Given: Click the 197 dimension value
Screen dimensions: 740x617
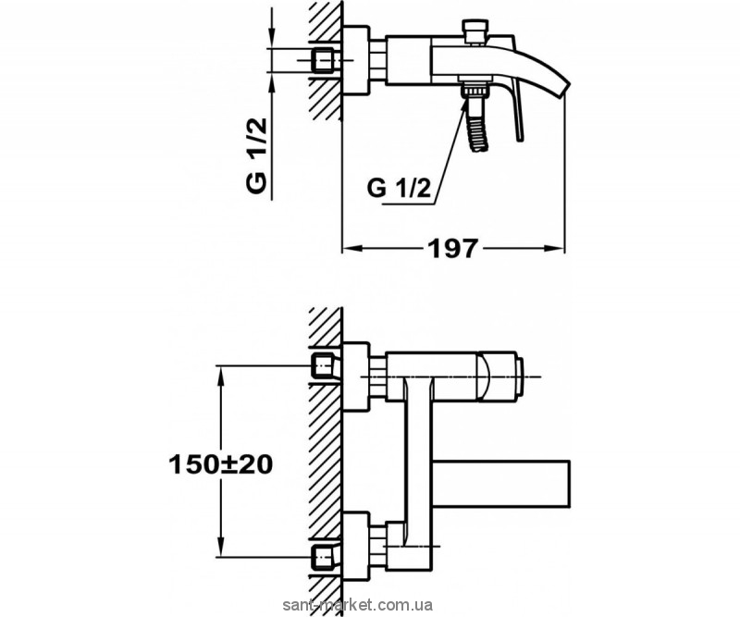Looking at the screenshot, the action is click(452, 248).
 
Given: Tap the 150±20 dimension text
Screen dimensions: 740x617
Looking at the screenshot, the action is click(221, 465).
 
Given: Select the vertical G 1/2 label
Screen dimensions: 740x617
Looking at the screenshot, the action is click(257, 155).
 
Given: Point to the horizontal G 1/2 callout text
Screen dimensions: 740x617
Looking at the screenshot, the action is click(400, 189).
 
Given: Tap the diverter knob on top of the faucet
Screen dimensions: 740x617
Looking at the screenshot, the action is click(475, 31).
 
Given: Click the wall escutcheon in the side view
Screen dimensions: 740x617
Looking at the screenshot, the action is click(356, 60).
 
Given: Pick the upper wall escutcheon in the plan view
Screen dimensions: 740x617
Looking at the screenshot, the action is click(356, 376).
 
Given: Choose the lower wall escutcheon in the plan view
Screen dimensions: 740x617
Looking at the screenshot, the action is click(356, 546).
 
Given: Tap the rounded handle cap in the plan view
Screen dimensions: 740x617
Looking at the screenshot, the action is click(499, 376).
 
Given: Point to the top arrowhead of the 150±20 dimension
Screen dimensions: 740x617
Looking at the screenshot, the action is click(220, 376).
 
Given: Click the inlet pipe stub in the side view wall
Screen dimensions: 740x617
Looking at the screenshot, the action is click(324, 60).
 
